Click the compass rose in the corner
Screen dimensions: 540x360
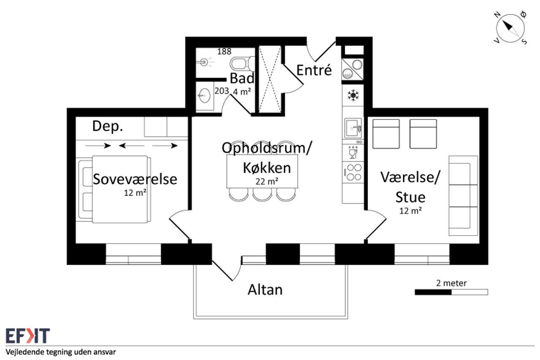[510, 28]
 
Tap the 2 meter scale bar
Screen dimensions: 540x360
[451, 292]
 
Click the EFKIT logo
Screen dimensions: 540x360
[28, 336]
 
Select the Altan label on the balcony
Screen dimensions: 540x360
[265, 290]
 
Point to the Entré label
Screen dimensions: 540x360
[314, 70]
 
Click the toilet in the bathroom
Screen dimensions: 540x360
[242, 64]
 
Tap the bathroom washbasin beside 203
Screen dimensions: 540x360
[205, 95]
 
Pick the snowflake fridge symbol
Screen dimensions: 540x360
[353, 95]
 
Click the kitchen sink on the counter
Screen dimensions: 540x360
[353, 128]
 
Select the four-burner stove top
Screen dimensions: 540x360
[353, 173]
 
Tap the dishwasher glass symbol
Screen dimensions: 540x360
[353, 153]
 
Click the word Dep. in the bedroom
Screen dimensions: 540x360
[108, 126]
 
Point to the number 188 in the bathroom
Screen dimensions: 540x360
[224, 51]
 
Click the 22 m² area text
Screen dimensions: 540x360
[267, 181]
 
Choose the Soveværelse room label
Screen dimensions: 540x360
[135, 179]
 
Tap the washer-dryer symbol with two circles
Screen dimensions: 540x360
[352, 69]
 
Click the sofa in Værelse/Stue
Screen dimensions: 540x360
[463, 195]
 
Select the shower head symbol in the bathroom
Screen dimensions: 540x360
[205, 62]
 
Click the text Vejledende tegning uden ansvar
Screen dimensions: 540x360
[61, 352]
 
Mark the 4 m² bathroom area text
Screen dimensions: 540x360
[242, 92]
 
